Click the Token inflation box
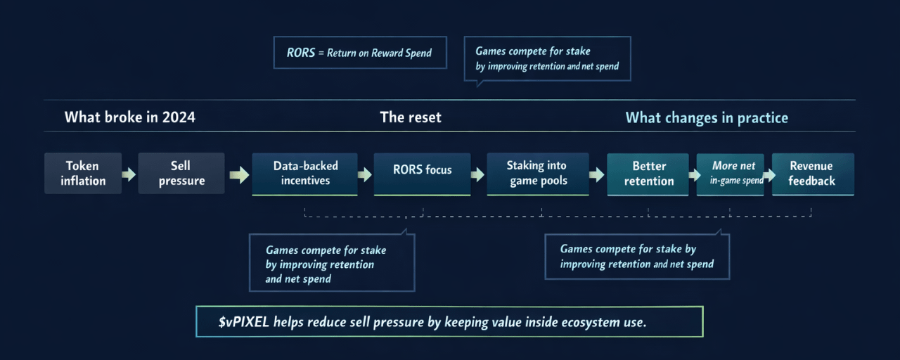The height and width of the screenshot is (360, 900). (x=82, y=174)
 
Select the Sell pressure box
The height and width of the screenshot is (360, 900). (x=181, y=174)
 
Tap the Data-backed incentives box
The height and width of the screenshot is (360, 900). (x=304, y=174)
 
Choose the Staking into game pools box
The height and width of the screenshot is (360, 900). (x=536, y=174)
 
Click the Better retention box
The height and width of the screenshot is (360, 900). (x=648, y=174)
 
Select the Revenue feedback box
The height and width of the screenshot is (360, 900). (x=812, y=174)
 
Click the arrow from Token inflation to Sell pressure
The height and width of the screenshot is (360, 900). (x=129, y=174)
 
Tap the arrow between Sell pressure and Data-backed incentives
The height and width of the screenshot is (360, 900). (x=239, y=174)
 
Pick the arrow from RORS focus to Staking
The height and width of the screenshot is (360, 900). (x=478, y=174)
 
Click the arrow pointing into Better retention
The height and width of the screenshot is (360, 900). (x=597, y=174)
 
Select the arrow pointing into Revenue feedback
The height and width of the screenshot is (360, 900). (x=768, y=174)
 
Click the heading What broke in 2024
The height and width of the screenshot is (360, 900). (x=130, y=117)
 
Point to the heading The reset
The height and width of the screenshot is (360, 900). (x=411, y=117)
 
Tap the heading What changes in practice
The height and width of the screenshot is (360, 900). (x=707, y=117)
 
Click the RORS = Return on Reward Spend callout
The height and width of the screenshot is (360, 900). (x=360, y=53)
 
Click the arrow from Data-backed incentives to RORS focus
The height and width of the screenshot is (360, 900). (x=365, y=174)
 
